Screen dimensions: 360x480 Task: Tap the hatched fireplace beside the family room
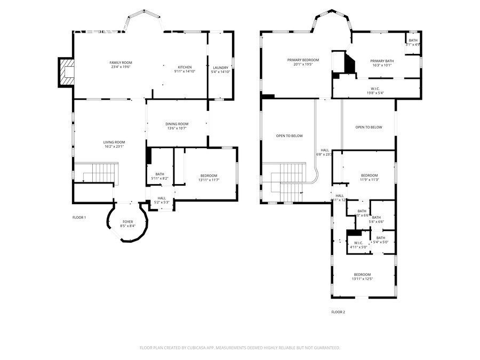coord(67,72)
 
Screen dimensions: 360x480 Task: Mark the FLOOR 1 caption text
coord(79,218)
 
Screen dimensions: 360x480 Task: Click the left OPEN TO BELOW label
coord(290,136)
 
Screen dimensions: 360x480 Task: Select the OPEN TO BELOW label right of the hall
coord(369,127)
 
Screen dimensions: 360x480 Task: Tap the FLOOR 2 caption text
coord(338,312)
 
